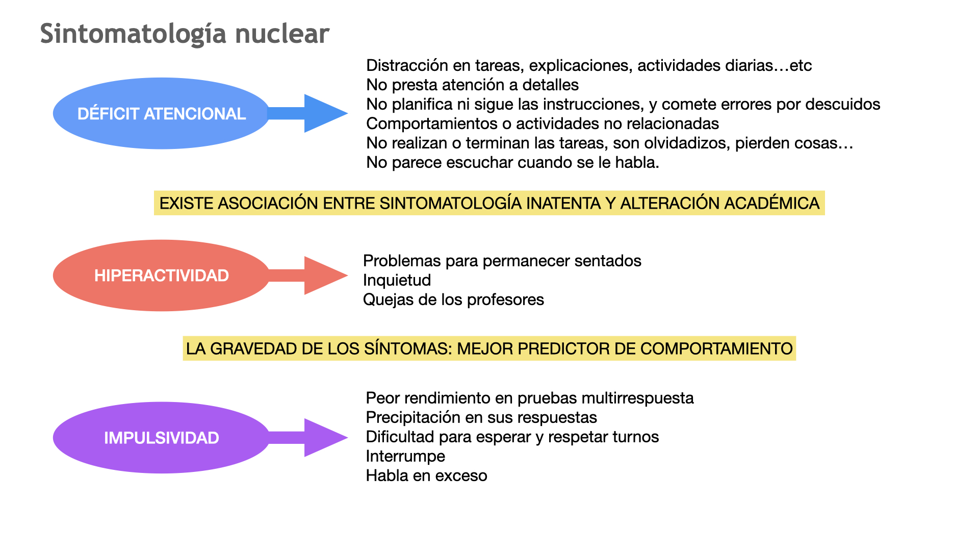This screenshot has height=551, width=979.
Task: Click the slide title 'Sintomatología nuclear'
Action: point(185,35)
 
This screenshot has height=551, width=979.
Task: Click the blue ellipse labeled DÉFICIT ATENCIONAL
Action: point(162,113)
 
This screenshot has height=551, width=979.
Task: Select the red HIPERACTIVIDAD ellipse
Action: point(162,275)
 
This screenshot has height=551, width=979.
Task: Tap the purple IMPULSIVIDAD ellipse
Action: point(162,438)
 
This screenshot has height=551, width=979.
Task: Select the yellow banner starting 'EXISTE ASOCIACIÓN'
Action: point(489,203)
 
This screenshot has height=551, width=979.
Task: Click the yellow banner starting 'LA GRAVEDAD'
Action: point(489,348)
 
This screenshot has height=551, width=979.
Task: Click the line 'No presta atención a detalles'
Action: point(473,85)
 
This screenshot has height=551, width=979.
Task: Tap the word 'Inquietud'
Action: point(397,280)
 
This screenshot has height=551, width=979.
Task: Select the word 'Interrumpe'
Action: point(405,456)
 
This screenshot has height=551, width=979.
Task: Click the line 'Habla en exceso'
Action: point(427,475)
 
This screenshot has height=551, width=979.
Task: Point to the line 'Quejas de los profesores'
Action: point(454,299)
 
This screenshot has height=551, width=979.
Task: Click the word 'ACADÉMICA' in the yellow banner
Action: point(771,203)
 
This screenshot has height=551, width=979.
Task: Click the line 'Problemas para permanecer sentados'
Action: point(502,261)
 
